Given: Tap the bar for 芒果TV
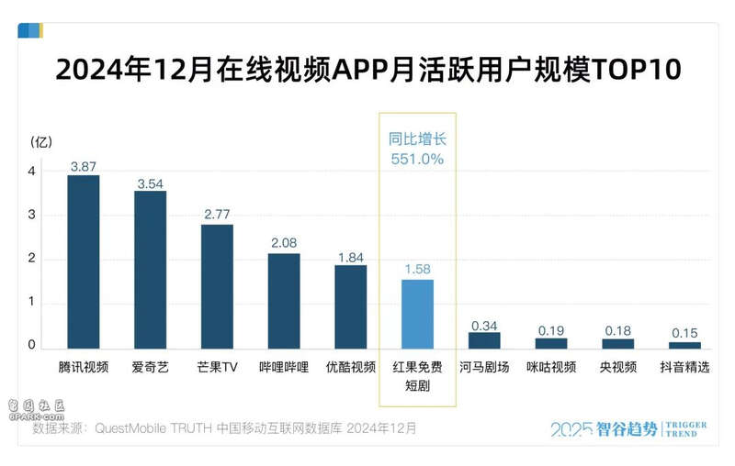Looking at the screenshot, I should (217, 286).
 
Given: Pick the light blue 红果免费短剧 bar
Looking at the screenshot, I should (417, 314).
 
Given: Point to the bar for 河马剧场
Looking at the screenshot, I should (484, 340).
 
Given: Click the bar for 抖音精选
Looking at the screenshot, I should (684, 345).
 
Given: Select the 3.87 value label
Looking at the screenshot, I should (84, 167).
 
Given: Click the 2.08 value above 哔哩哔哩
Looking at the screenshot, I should (284, 244).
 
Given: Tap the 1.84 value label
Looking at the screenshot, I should (351, 256).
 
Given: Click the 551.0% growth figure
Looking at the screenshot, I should (417, 159).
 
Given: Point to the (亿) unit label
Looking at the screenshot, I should (41, 142).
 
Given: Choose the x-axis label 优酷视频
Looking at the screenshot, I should (351, 367).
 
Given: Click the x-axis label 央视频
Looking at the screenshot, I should (617, 367).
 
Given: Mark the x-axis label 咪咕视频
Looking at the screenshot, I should (551, 367).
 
